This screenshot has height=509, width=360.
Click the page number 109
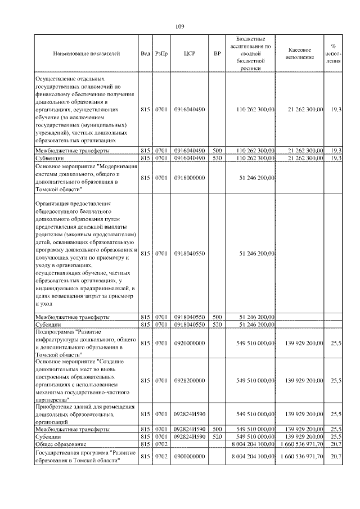pyautogui.click(x=180, y=26)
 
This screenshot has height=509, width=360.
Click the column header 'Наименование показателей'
pyautogui.click(x=86, y=54)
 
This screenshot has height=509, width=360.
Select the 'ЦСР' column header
pyautogui.click(x=189, y=54)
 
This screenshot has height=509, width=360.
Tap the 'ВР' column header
pyautogui.click(x=218, y=54)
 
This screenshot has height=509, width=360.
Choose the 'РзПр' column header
pyautogui.click(x=161, y=54)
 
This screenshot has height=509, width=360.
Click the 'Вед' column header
pyautogui.click(x=145, y=54)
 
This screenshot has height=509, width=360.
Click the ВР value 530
pyautogui.click(x=218, y=159)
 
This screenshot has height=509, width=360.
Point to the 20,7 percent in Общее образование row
pyautogui.click(x=336, y=444)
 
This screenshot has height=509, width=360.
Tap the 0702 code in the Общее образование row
pyautogui.click(x=161, y=444)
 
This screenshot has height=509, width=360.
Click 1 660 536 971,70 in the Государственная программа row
pyautogui.click(x=301, y=456)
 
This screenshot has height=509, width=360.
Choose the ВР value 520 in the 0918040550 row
pyautogui.click(x=218, y=324)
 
